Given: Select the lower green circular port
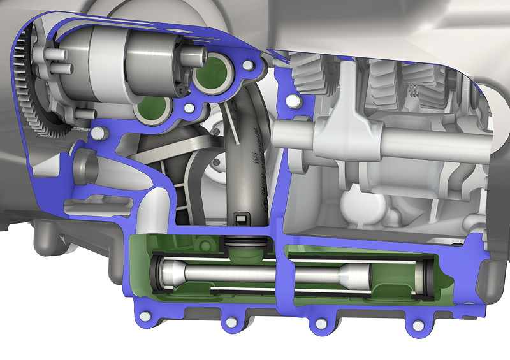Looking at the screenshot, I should [x=153, y=108].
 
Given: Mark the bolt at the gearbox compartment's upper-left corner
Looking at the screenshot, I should [x=293, y=100].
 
